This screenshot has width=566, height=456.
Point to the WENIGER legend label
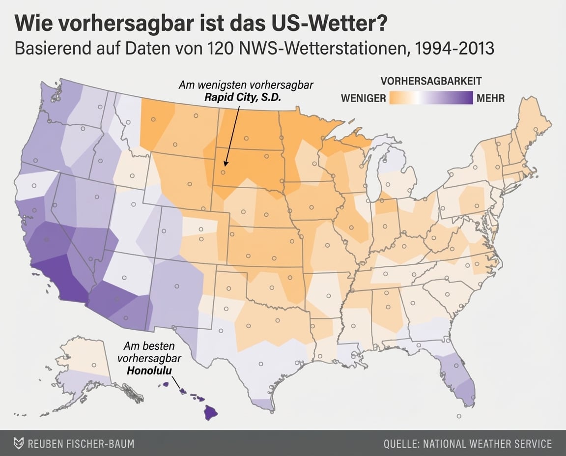coord(363,98)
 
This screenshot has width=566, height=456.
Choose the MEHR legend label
coord(490,98)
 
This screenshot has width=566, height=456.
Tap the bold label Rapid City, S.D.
coord(243,97)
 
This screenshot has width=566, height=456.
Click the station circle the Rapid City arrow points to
coord(223,172)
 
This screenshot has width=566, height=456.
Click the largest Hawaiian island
coord(212,412)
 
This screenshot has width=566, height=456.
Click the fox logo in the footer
coord(18,443)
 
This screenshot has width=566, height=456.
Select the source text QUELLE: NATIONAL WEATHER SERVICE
coord(467,444)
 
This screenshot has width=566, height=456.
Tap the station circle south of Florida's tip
coord(459,416)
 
